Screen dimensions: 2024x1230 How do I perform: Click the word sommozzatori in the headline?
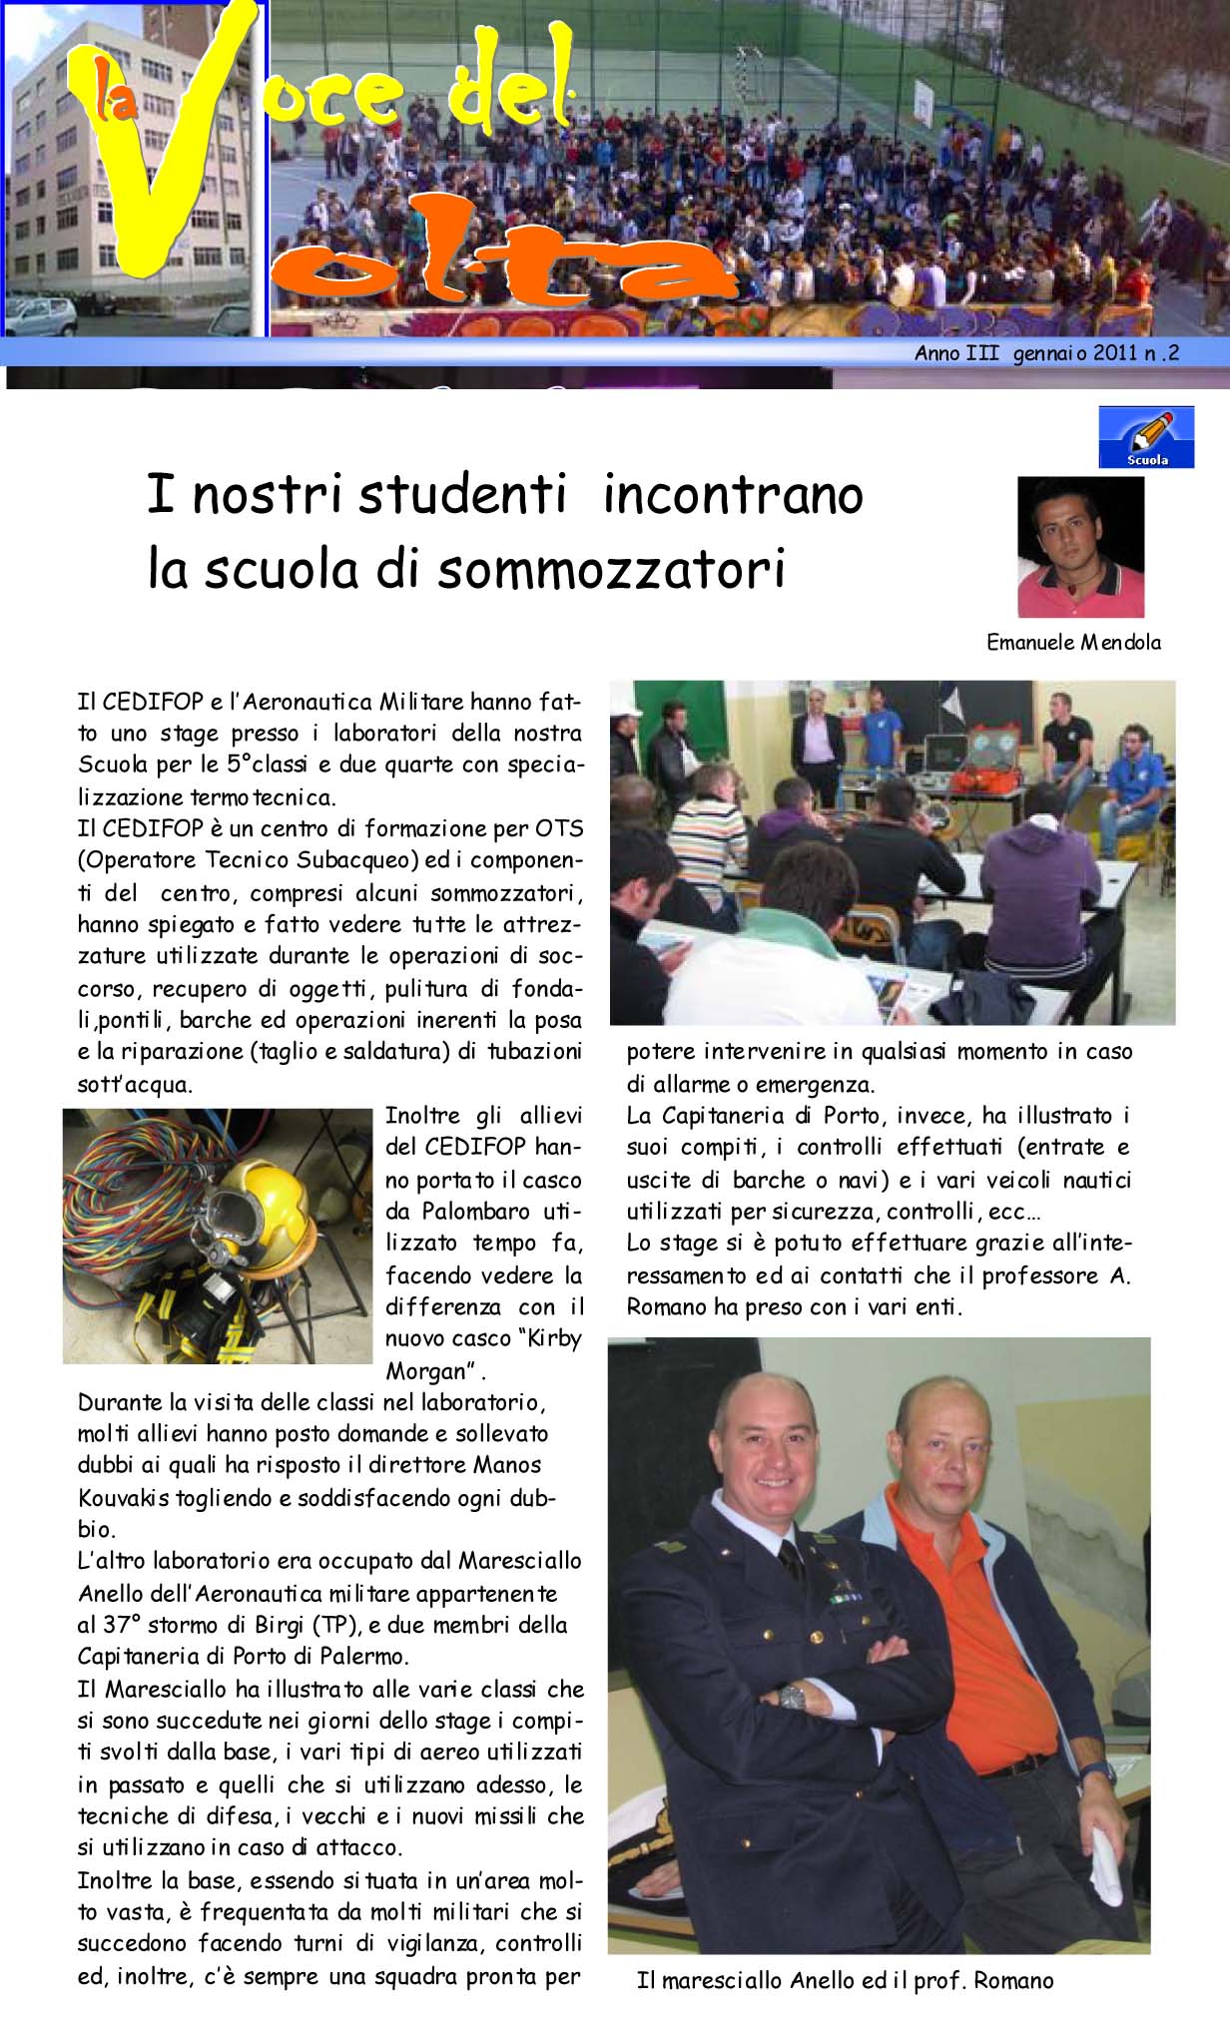[x=611, y=568]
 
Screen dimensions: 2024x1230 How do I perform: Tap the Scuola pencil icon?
[x=1146, y=436]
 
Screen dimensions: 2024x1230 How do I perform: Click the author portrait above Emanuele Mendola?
[x=1080, y=547]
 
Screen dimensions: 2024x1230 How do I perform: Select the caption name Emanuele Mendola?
[x=1073, y=643]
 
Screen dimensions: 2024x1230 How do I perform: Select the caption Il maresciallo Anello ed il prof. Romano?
[x=845, y=1981]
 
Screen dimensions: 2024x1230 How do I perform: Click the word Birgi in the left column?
[x=282, y=1625]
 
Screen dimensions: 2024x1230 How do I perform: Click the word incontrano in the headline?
[x=733, y=496]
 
